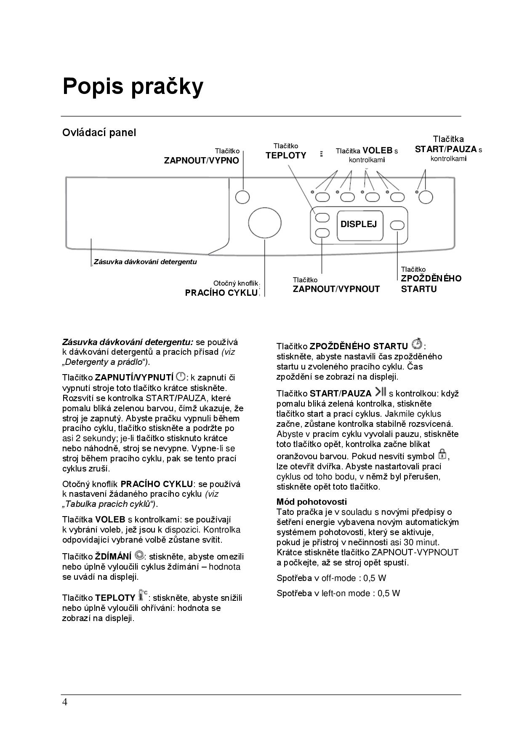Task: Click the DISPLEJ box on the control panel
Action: coord(359,224)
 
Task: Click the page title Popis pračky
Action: coord(133,86)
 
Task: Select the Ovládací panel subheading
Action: coord(99,133)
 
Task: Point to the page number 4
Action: coord(65,702)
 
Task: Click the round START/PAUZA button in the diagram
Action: coord(426,197)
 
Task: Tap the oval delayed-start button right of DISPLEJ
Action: coord(397,225)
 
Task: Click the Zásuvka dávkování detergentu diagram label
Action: coord(145,262)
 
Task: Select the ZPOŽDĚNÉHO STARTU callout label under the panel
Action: coord(431,284)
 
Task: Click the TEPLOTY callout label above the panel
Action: coord(286,155)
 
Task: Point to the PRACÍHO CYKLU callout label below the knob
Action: coord(221,293)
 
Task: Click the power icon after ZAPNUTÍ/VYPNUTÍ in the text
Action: coord(181,376)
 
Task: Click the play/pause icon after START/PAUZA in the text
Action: coord(381,392)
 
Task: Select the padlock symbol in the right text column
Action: coord(442,454)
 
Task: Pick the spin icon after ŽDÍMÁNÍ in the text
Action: coord(139,555)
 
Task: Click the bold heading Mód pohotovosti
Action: coord(312,502)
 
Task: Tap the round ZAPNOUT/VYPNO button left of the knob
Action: coord(242,197)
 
